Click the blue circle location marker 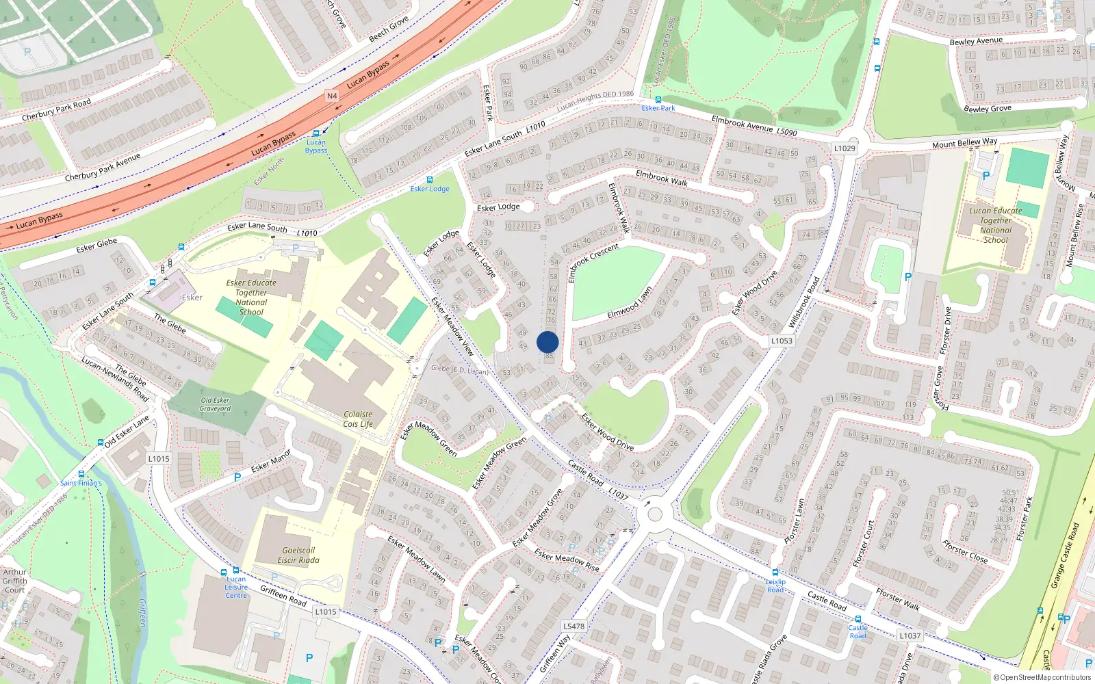[547, 342]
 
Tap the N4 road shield [332, 96]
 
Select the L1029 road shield [845, 148]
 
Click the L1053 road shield [782, 341]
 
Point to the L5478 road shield [574, 626]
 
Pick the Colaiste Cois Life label [358, 419]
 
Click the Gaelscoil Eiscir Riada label [298, 555]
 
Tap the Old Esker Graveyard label [215, 404]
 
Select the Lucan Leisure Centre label [236, 587]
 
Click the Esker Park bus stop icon [658, 100]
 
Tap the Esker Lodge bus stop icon [430, 180]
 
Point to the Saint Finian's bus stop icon [81, 474]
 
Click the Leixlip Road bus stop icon [775, 573]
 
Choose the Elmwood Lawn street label [630, 302]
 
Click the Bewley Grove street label [987, 108]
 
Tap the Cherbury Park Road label [56, 110]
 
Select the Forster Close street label [965, 551]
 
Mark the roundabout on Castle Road [655, 513]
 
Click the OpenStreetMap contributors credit [1042, 677]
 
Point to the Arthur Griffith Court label [14, 581]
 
